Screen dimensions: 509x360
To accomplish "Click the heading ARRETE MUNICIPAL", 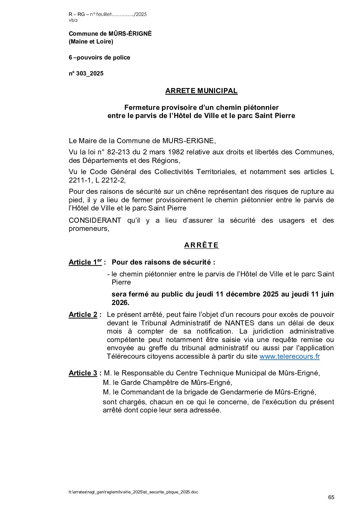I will [x=201, y=91].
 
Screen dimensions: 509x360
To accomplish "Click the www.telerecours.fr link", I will [x=289, y=356].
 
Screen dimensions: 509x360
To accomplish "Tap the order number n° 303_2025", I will [x=86, y=73].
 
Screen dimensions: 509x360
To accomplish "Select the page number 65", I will [x=331, y=497].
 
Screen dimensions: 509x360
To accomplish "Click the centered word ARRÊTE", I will [x=201, y=245].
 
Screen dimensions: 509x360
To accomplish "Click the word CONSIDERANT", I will [x=95, y=220].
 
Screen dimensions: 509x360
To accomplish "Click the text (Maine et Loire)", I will [x=91, y=41].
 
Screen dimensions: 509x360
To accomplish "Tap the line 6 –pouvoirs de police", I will [x=99, y=57].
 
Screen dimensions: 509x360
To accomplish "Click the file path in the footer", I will [x=133, y=492].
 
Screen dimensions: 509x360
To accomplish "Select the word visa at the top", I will [x=73, y=20].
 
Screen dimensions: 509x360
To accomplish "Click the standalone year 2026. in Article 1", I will [x=120, y=303].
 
